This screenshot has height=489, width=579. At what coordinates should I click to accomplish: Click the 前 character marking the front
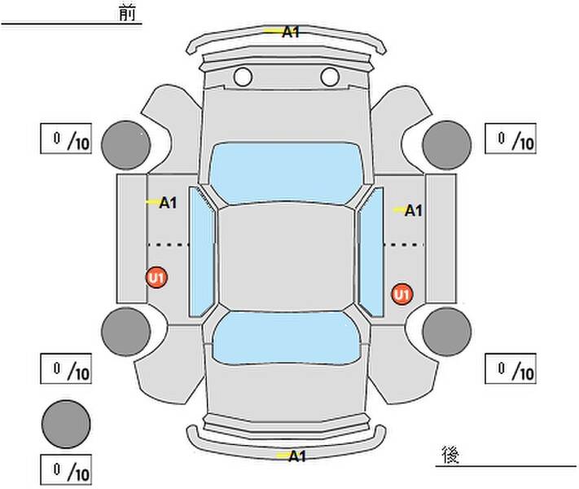(x=127, y=12)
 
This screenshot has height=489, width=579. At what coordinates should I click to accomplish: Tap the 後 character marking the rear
(x=450, y=455)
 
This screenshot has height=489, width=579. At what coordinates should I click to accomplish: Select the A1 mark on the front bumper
(x=291, y=32)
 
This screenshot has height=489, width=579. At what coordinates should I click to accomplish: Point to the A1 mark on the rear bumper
(x=297, y=456)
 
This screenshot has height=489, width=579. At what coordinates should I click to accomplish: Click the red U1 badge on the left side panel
(x=157, y=278)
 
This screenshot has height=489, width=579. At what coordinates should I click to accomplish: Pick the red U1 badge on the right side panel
(x=402, y=294)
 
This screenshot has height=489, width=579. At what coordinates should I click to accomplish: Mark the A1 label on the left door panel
(x=168, y=203)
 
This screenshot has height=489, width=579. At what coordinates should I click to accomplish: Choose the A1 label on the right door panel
(x=413, y=211)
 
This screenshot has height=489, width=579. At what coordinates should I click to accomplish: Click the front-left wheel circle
(x=126, y=145)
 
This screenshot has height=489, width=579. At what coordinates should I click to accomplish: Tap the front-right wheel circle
(x=447, y=145)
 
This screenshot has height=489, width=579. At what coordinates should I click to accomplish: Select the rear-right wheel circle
(x=447, y=332)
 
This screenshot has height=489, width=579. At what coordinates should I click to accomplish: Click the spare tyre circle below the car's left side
(x=66, y=424)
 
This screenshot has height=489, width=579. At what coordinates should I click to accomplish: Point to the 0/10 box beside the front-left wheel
(x=66, y=139)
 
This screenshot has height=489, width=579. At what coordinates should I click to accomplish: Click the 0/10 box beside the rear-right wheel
(x=511, y=368)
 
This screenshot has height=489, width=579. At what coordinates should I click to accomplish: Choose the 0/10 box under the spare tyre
(x=66, y=469)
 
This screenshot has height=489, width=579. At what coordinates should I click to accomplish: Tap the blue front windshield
(x=285, y=173)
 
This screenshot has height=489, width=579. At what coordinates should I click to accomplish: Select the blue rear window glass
(x=286, y=338)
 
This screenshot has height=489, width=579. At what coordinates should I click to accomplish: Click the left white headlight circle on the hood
(x=243, y=77)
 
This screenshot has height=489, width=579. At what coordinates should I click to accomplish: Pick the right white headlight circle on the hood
(x=330, y=77)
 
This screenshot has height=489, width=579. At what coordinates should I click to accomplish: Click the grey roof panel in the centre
(x=286, y=258)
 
